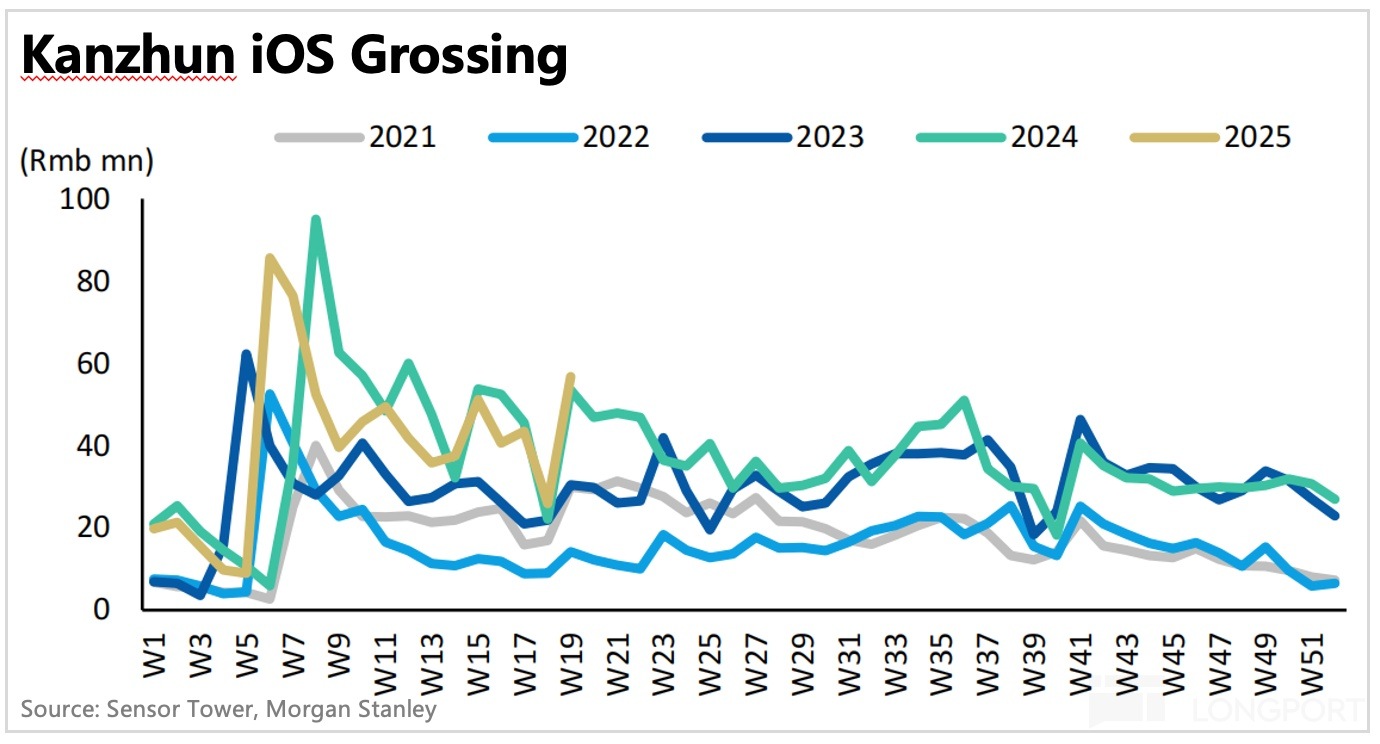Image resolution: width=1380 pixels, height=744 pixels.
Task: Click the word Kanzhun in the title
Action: point(127,56)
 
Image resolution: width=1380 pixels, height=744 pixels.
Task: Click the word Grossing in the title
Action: point(459,58)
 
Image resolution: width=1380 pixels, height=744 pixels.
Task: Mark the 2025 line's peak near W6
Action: point(270,258)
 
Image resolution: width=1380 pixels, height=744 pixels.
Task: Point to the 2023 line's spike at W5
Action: point(247,354)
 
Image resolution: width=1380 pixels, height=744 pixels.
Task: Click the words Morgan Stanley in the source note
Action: point(359,710)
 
